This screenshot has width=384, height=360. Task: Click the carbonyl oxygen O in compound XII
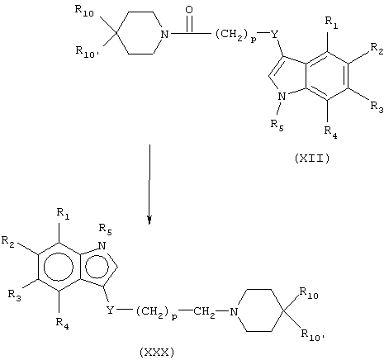point(189,10)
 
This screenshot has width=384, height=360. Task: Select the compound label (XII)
point(312,159)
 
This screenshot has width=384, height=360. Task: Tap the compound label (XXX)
point(157,353)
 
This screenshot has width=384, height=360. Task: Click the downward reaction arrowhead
point(149,220)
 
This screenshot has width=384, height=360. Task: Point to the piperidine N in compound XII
point(164,35)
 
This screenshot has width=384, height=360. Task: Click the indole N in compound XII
point(282,96)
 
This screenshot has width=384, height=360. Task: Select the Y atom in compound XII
point(274,35)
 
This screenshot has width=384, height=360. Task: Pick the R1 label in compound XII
point(332,23)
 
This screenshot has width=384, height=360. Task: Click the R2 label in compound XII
point(377,49)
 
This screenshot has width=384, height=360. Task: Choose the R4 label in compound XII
point(330,132)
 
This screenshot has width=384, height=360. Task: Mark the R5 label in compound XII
point(277,126)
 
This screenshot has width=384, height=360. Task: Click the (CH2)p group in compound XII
point(235,36)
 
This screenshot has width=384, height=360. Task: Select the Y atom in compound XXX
point(110,310)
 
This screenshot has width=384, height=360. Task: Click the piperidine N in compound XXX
point(234,311)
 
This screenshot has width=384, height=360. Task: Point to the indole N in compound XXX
point(102,246)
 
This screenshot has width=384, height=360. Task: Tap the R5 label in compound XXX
point(106,230)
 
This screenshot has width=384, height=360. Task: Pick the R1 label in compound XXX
point(63,214)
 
